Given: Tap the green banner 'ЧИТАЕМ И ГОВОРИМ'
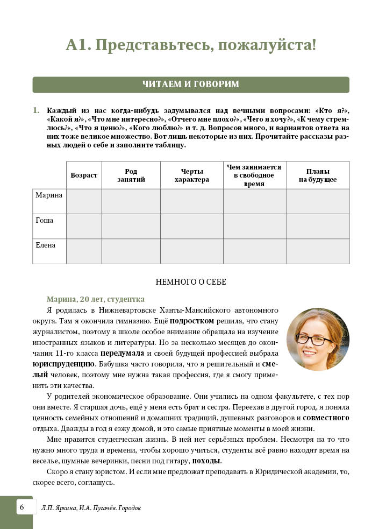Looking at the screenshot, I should pos(191,84).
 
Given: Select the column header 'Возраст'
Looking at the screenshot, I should pos(84,175).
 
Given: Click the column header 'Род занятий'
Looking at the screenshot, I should pos(131,175).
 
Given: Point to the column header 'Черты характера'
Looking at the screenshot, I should pos(191,175).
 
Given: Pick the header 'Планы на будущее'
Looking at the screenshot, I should pos(318,175).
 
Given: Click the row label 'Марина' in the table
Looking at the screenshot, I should pos(49,195).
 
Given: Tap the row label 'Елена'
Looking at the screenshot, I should pos(46,245).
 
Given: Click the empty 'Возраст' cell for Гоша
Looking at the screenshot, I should pos(84,226).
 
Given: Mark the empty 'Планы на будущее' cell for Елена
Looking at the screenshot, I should pos(318,251).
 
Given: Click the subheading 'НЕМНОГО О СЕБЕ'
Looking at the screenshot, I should pos(191,281).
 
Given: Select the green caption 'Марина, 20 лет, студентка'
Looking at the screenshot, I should pos(96,299).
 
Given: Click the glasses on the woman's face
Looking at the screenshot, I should pos(314,340).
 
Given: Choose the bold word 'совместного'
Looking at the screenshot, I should pos(326,418).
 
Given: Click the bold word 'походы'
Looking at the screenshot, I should pos(205,461).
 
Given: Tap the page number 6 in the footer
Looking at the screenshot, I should pos(22,507).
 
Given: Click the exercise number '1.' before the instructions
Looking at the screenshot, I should pos(37,110).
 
